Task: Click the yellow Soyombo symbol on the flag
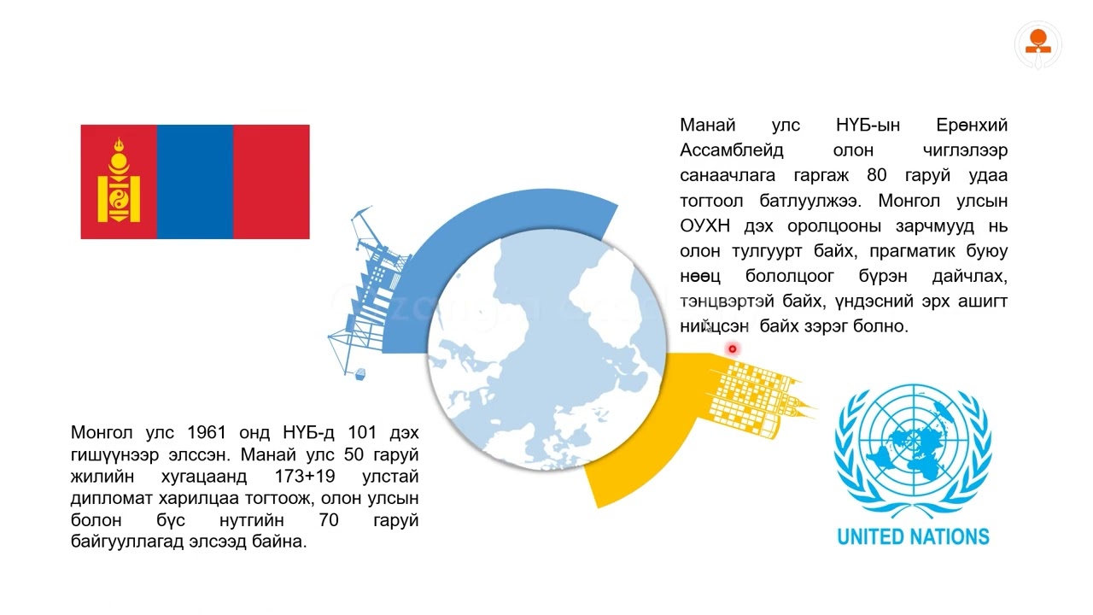(119, 182)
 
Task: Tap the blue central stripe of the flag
(195, 182)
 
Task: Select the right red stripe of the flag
(271, 182)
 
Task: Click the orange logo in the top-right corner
(1038, 44)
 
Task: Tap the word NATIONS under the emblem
(950, 537)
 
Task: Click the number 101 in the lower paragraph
(362, 431)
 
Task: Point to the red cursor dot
(732, 348)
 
